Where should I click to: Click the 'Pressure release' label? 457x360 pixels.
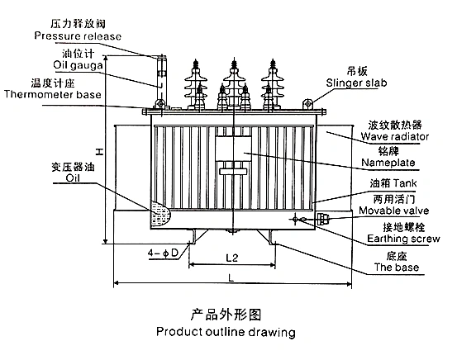click(x=78, y=36)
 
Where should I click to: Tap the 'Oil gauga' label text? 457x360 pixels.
click(x=78, y=65)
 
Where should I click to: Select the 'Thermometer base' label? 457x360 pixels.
click(x=53, y=94)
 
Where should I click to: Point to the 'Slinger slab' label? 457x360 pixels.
click(x=356, y=83)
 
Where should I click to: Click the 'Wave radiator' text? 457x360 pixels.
click(x=395, y=136)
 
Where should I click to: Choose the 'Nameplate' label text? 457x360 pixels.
click(x=388, y=163)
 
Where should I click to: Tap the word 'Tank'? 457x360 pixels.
click(x=406, y=183)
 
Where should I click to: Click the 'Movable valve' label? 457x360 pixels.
click(x=393, y=211)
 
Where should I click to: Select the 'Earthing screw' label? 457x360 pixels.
click(x=403, y=239)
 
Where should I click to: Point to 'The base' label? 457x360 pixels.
click(x=397, y=267)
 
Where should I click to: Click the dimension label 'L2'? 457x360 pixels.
click(x=232, y=258)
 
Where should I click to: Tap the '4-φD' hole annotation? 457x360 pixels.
click(x=163, y=253)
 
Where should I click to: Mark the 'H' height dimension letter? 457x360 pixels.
click(x=99, y=151)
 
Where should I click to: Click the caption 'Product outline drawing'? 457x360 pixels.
click(x=226, y=332)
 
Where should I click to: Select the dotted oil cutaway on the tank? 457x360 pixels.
click(x=159, y=214)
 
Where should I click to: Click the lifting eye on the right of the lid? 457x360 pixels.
click(x=307, y=103)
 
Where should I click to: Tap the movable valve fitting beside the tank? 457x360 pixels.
click(x=323, y=219)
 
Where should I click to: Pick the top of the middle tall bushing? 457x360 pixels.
click(x=234, y=59)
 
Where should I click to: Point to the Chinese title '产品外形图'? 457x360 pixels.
click(x=226, y=315)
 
